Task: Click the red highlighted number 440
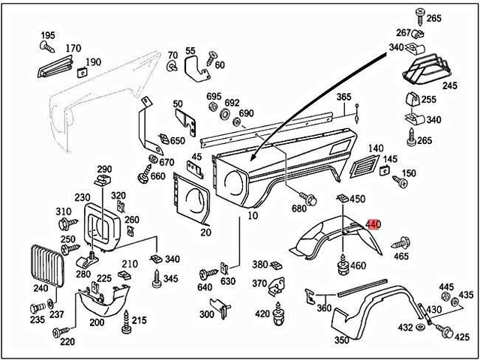[373, 223]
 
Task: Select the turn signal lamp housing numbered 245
[427, 67]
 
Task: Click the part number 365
[343, 97]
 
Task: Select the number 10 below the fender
[252, 216]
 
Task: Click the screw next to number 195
[44, 46]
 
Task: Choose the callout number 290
[103, 169]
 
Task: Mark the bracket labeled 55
[197, 69]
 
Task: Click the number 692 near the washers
[231, 103]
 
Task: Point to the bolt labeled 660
[143, 176]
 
